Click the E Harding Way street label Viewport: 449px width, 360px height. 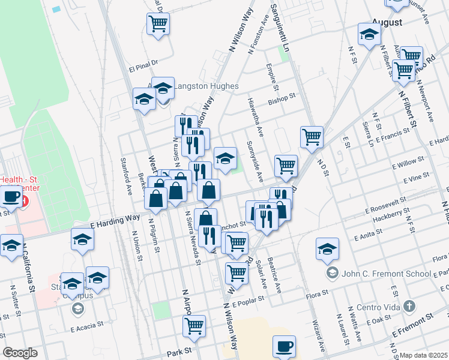tap(115, 221)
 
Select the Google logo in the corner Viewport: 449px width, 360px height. tap(20, 352)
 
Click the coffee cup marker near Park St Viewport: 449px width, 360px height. tap(284, 346)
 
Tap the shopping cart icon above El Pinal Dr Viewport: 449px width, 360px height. tap(158, 24)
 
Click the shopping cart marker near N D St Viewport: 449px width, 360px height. tap(312, 137)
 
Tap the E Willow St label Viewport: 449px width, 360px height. tap(408, 162)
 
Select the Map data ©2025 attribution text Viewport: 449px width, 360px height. tap(424, 355)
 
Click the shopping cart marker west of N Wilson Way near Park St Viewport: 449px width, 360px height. tap(194, 326)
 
